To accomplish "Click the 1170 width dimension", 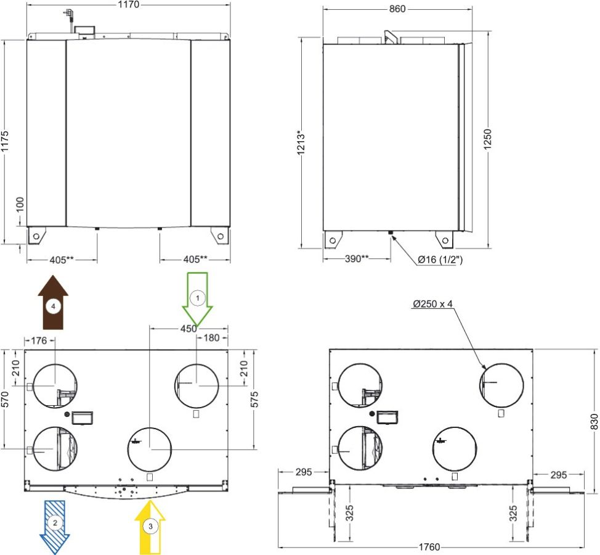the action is pos(129,4).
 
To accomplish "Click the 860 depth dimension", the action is pos(397,9).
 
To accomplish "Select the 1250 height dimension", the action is pos(487,139).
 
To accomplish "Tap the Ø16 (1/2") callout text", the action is pos(440,260).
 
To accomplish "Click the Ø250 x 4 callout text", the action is pos(432,304).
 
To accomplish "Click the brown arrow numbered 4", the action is pos(53,302).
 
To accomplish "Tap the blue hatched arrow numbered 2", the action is pos(55,527).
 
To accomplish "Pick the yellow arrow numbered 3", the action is pos(150,527).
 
